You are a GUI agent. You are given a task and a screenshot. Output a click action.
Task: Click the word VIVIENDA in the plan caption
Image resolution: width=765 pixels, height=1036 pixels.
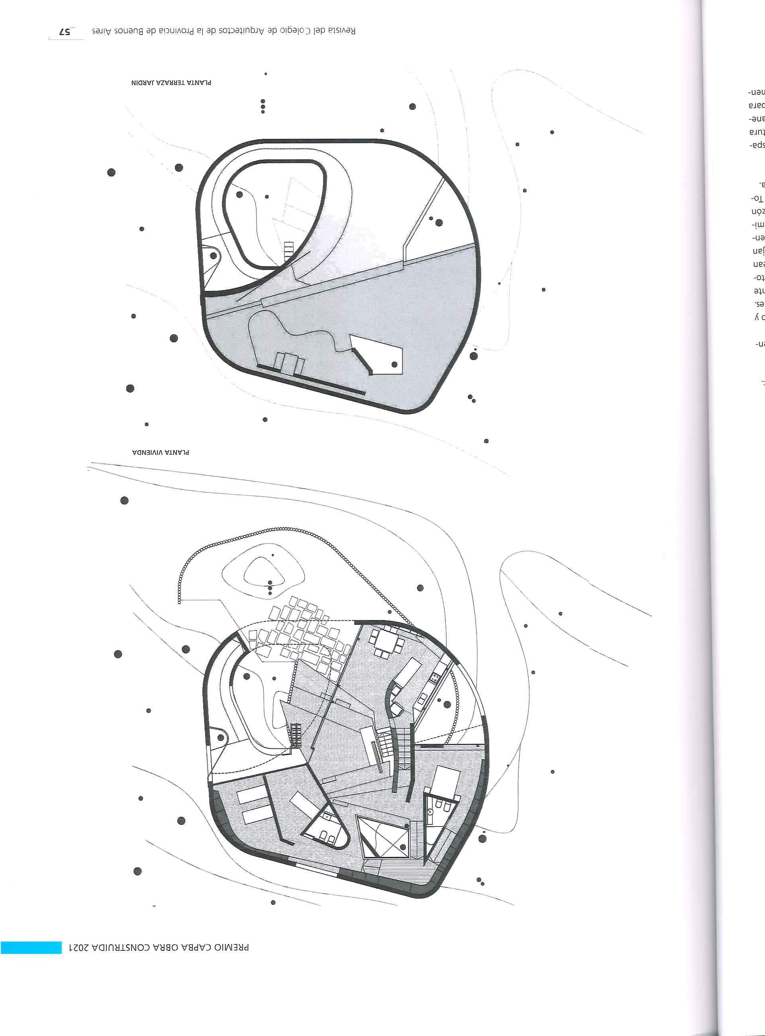pyautogui.click(x=147, y=452)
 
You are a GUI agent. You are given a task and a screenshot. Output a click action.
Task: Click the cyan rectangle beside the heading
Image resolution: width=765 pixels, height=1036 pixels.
pyautogui.click(x=31, y=983)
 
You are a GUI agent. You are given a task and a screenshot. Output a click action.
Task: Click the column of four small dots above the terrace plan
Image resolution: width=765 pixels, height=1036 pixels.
pyautogui.click(x=263, y=106)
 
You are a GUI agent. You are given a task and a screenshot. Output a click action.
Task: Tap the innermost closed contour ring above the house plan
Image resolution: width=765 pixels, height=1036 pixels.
pyautogui.click(x=263, y=571)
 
